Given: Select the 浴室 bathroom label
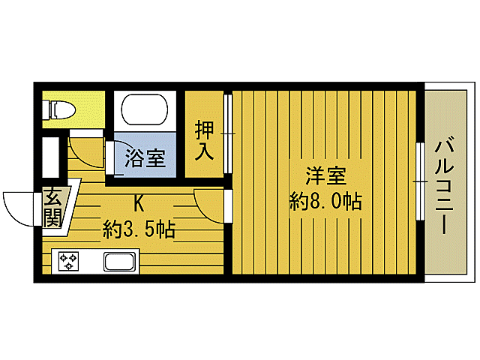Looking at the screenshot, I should pos(145,158).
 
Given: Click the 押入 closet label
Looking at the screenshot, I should pos(204,139).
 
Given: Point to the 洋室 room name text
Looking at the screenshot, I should pos(325,178).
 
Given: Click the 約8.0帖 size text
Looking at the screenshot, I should pos(326,201).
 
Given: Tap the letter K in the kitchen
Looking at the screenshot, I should pos(139,202).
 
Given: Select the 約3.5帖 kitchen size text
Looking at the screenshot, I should pos(139,229).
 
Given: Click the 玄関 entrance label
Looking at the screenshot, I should pos(52,208).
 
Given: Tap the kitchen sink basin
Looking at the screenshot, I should pos(119,262).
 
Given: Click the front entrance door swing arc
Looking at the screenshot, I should pos(19,205).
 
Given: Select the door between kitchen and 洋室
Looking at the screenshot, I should pos(208,205).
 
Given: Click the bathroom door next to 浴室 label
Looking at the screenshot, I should pos(109,158).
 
